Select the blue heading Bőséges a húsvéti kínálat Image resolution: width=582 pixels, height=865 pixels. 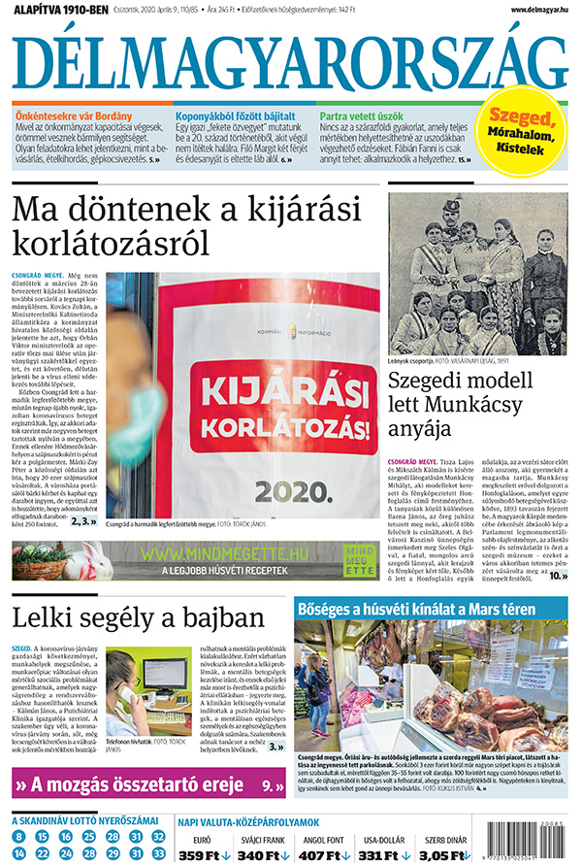[417, 609]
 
